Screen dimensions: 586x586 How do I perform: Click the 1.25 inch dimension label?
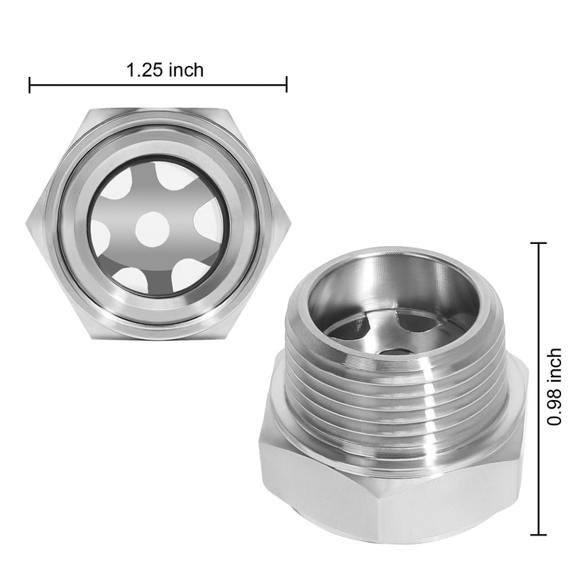(165, 70)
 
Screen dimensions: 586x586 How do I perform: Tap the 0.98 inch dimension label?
(556, 387)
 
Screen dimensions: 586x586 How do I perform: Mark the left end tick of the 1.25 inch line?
(29, 85)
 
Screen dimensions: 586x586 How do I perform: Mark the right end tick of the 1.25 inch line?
(286, 85)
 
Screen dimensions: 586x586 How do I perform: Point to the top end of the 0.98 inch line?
(540, 242)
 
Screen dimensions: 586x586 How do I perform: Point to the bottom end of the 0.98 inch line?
(540, 536)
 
